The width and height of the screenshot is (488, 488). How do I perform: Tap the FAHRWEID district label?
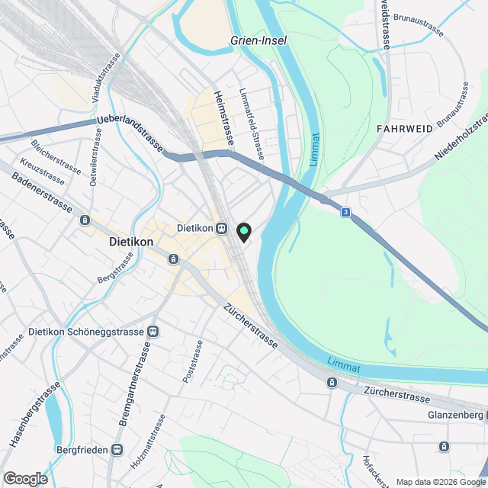tap(404, 129)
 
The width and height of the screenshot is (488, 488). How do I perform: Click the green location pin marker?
tap(244, 230)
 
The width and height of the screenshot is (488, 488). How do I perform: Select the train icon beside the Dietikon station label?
tap(220, 228)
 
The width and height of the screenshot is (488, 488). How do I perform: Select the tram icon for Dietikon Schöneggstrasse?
tap(154, 332)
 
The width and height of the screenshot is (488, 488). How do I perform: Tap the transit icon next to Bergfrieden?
tap(117, 450)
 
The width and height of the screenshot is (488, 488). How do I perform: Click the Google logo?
tap(24, 478)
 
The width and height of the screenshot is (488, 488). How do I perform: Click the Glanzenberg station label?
tap(450, 415)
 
